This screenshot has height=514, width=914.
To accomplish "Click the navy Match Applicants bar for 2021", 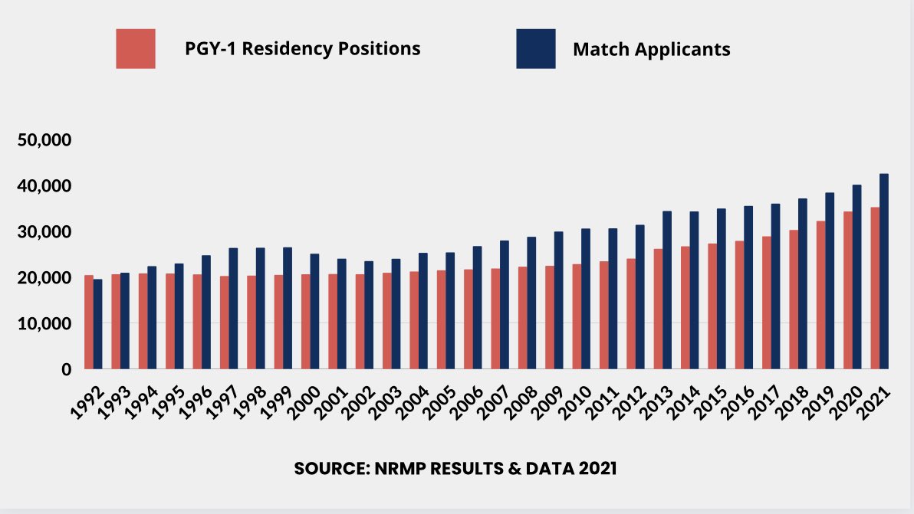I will [884, 272].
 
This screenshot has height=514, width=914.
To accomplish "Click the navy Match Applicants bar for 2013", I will [666, 290].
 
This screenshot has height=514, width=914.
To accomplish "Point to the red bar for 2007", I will [496, 319].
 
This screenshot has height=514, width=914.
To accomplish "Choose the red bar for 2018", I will [794, 300].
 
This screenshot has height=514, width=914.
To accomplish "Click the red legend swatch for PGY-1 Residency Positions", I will [136, 49].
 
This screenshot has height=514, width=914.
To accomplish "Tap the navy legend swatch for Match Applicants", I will [535, 49].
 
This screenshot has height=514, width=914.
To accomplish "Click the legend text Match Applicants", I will [651, 50].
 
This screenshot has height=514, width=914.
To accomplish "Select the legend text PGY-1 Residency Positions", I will [302, 48].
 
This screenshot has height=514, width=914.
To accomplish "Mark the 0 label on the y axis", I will [66, 370].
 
